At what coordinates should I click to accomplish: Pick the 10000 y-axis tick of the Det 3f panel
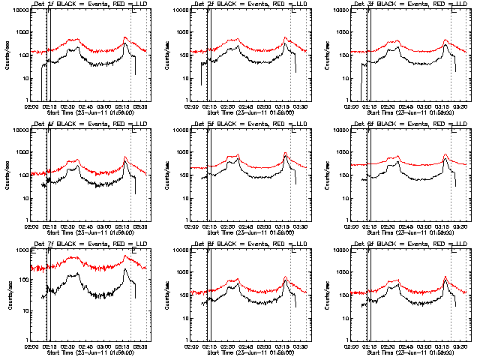[x=339, y=10]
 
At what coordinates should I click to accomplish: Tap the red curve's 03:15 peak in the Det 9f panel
[x=445, y=277]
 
